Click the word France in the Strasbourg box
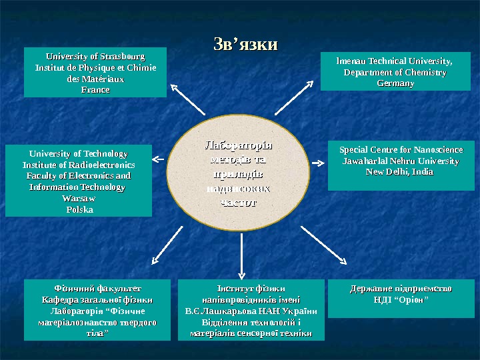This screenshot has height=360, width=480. [x=95, y=89]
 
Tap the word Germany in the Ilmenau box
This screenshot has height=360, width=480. [x=395, y=84]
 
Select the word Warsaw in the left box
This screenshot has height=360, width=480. [x=78, y=199]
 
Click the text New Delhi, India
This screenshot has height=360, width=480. [x=395, y=172]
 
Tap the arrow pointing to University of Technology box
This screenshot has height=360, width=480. [x=157, y=159]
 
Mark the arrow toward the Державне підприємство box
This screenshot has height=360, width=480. [x=323, y=245]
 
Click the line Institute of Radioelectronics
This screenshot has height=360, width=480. [x=79, y=165]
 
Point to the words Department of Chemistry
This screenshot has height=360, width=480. [x=395, y=73]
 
